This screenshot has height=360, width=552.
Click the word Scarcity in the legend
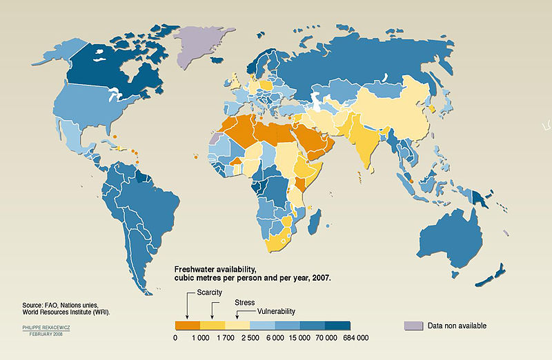pyautogui.click(x=210, y=292)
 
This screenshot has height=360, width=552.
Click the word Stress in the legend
pyautogui.click(x=244, y=302)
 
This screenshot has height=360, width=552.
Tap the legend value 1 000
pyautogui.click(x=200, y=338)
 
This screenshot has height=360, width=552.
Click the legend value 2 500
pyautogui.click(x=250, y=338)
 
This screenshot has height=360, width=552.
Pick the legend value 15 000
pyautogui.click(x=299, y=338)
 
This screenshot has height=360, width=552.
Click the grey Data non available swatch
pyautogui.click(x=413, y=325)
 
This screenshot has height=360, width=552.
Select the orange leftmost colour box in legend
pyautogui.click(x=187, y=325)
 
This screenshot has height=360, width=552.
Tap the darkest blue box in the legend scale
pyautogui.click(x=337, y=325)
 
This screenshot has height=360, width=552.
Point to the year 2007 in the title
pyautogui.click(x=320, y=277)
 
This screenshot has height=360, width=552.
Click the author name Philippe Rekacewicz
pyautogui.click(x=47, y=327)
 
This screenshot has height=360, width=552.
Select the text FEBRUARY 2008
pyautogui.click(x=48, y=334)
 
